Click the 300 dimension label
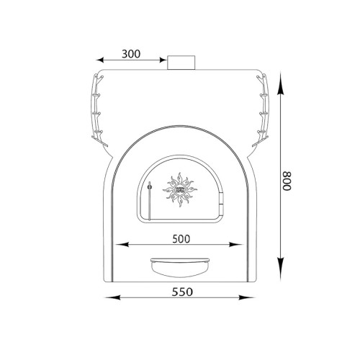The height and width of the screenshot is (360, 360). click(x=131, y=54)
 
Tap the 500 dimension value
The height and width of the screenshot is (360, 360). click(x=181, y=239)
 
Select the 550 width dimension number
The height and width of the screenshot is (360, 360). click(x=182, y=292)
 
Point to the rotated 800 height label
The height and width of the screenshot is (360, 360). click(x=287, y=181)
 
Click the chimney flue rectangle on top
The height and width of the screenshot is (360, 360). click(x=181, y=63)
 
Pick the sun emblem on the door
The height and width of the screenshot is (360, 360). click(x=180, y=189)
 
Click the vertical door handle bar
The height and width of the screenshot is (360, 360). click(x=150, y=201)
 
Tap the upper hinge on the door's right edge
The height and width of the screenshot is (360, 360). click(x=222, y=197)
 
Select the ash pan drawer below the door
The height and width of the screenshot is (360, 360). click(x=180, y=267)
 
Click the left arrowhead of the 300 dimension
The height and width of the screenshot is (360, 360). click(x=99, y=60)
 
